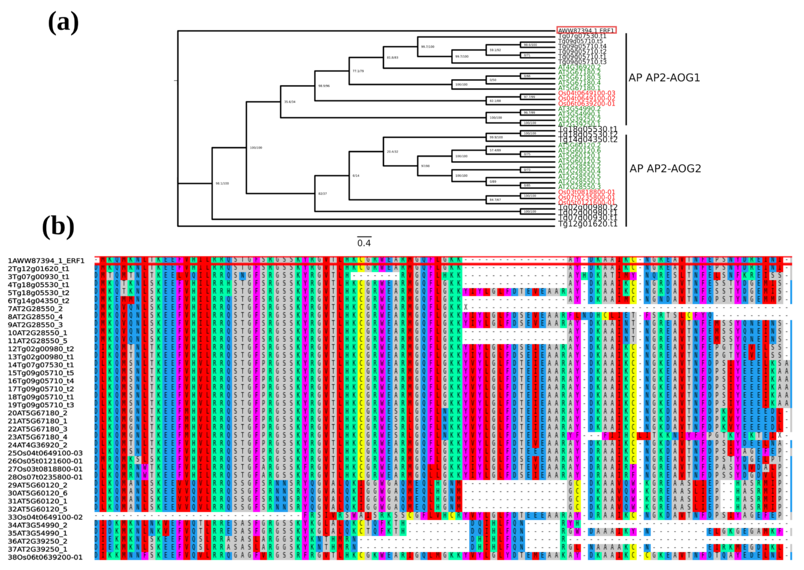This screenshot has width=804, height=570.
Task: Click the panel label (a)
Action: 63,23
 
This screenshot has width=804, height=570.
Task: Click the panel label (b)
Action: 58,227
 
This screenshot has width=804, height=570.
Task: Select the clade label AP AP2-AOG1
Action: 664,78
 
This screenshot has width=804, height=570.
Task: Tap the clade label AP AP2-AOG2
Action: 665,169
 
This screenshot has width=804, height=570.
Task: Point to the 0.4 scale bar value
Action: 364,243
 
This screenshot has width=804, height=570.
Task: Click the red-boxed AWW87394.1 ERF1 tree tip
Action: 586,31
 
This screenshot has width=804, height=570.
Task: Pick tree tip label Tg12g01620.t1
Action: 587,224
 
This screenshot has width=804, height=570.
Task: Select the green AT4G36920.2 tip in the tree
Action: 579,67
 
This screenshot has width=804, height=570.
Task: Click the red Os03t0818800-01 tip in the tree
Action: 586,192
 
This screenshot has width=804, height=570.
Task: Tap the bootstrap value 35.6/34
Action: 289,102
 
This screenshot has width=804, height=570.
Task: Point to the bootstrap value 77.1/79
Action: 358,71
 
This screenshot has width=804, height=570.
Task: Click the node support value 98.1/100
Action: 222,184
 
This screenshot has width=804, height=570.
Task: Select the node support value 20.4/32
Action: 392,152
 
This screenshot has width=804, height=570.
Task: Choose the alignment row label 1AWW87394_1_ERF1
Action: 46,260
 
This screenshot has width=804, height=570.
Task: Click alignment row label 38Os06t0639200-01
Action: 45,557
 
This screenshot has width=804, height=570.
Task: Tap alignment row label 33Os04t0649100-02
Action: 45,517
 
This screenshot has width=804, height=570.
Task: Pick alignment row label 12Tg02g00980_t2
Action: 41,349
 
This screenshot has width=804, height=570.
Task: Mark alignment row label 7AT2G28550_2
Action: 35,309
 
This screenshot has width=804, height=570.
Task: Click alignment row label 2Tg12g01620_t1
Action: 38,268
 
